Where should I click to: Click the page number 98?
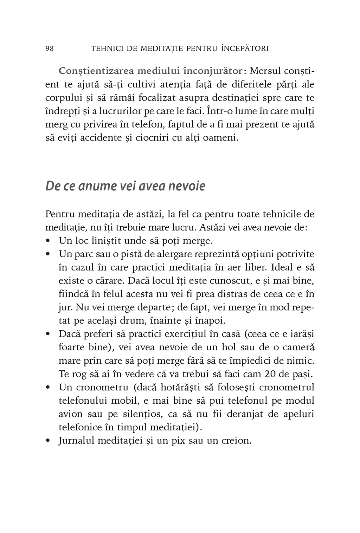point(50,48)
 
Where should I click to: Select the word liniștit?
point(116,241)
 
